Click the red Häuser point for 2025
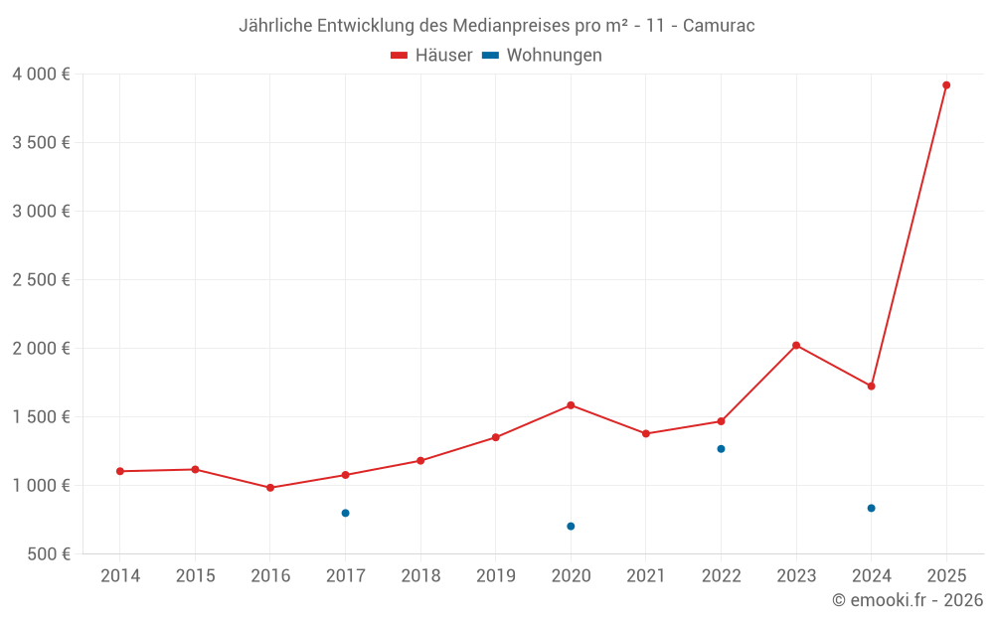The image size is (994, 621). [946, 85]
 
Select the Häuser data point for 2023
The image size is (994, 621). [796, 345]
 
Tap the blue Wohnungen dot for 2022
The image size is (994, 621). [721, 449]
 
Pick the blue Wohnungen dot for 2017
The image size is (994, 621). [345, 513]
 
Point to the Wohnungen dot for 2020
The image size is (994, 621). [571, 527]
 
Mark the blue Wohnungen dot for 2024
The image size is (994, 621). [871, 508]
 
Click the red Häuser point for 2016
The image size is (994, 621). [270, 488]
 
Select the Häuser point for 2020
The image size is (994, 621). [571, 405]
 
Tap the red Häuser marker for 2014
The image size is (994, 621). [120, 471]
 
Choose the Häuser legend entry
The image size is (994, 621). [431, 56]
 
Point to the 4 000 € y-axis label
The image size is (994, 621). [41, 75]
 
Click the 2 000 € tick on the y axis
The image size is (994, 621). [41, 349]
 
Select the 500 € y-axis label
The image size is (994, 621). [47, 554]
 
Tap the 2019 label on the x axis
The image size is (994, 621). [496, 576]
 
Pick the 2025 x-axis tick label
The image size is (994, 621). [946, 576]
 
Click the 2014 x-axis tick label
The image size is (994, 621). [120, 576]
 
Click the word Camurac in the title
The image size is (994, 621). [719, 26]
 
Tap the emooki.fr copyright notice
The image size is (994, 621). [908, 600]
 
